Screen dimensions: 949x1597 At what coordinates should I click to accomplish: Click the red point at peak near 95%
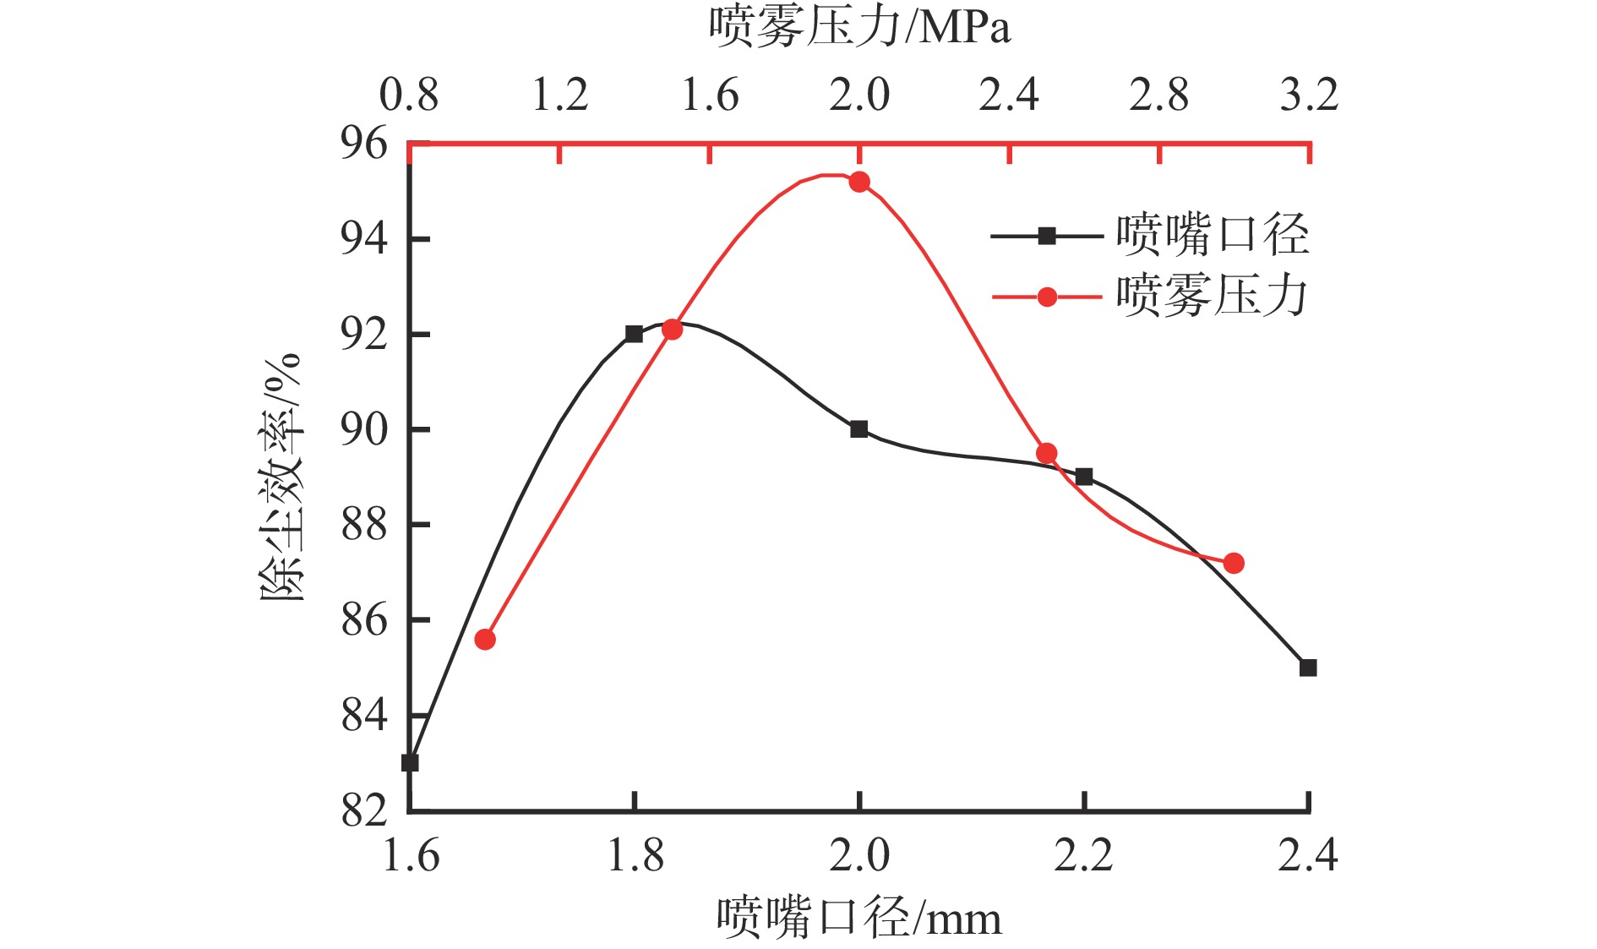point(859,182)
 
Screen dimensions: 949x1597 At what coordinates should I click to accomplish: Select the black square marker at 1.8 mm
point(634,334)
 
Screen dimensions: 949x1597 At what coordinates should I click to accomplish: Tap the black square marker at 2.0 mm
point(859,429)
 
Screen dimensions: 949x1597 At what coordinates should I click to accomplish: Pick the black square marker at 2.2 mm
point(1084,477)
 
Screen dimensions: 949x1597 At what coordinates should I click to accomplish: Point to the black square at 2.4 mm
point(1308,668)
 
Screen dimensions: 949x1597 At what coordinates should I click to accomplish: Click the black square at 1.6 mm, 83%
point(410,762)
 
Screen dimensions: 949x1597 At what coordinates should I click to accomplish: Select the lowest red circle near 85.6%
point(485,640)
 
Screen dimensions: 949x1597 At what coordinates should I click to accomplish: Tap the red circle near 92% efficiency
point(672,330)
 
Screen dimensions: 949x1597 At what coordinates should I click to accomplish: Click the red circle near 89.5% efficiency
point(1046,454)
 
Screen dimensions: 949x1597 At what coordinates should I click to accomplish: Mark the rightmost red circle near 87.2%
point(1234,563)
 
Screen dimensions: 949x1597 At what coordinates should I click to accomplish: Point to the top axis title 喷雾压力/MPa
point(859,27)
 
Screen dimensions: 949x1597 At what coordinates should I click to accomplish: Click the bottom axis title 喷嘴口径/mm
point(859,917)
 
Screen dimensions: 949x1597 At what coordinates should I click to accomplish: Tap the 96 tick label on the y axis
point(364,144)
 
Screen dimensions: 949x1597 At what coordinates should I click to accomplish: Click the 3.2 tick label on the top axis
point(1309,94)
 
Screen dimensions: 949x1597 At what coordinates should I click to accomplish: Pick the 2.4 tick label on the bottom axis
point(1307,855)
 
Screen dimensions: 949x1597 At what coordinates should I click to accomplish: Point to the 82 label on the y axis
point(364,810)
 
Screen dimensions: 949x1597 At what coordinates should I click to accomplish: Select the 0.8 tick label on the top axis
point(409,94)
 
